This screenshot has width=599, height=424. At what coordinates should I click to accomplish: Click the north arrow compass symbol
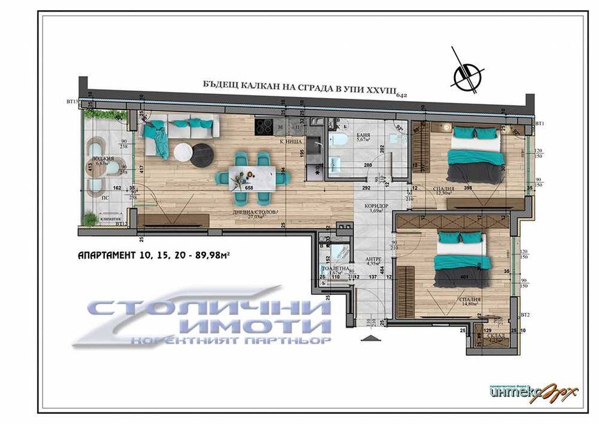(467, 76)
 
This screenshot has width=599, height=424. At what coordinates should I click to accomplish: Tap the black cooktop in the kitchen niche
(265, 127)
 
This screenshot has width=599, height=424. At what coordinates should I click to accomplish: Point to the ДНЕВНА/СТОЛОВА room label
(253, 213)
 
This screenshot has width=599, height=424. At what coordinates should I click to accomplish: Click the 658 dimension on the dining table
(248, 187)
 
